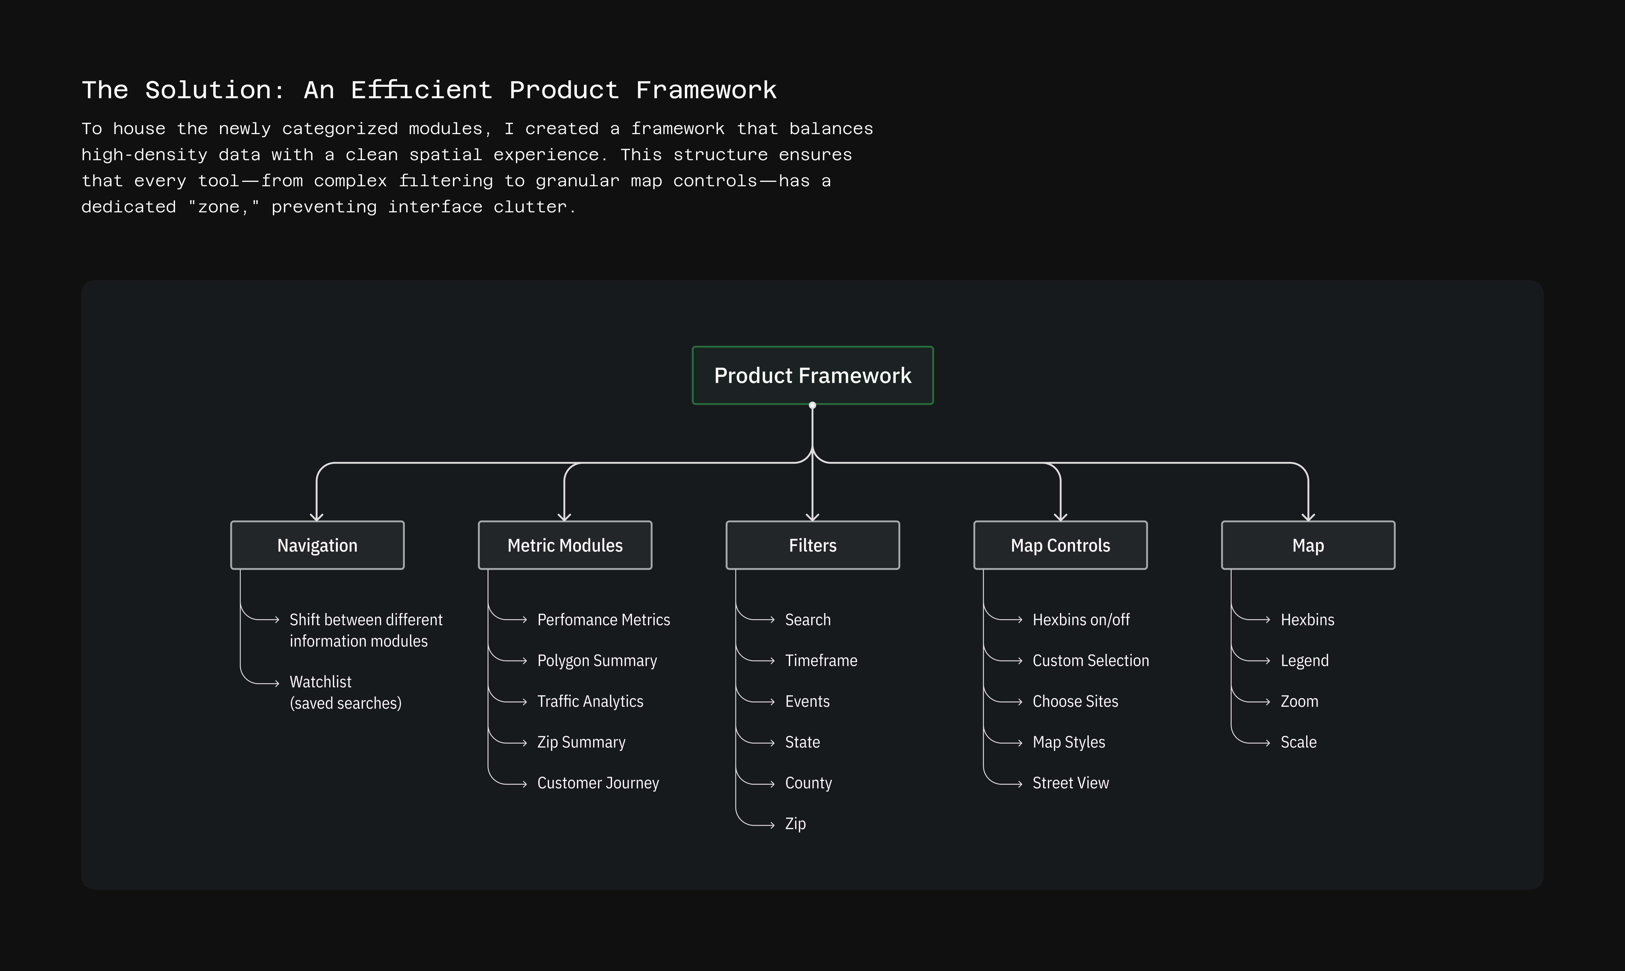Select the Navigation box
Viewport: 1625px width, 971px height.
click(317, 545)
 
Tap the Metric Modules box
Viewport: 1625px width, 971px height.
click(565, 545)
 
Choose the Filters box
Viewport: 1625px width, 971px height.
click(812, 545)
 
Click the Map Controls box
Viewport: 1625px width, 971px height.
click(1060, 545)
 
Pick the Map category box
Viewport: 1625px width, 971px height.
click(1308, 545)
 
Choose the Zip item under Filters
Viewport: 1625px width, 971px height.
click(795, 824)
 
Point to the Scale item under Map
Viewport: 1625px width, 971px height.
click(1298, 742)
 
